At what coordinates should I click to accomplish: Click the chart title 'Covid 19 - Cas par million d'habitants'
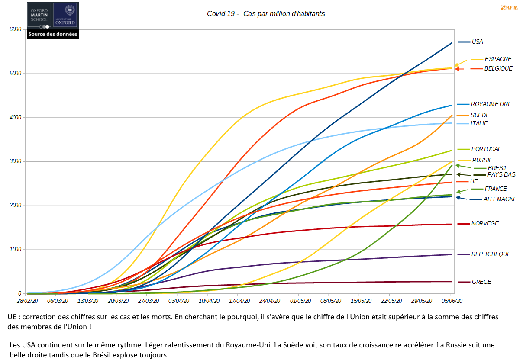click(x=266, y=13)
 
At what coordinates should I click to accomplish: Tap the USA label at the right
click(x=477, y=42)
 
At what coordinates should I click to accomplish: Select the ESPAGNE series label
click(x=498, y=59)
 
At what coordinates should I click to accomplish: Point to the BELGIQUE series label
click(x=498, y=68)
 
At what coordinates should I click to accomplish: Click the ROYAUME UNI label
click(x=490, y=104)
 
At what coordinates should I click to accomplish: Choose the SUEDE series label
click(x=480, y=115)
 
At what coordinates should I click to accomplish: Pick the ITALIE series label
click(x=479, y=123)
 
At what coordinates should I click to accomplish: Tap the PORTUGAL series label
click(x=486, y=149)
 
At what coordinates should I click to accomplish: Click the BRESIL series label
click(x=497, y=168)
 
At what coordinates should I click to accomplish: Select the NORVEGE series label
click(x=485, y=223)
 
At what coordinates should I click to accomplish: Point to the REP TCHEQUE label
click(x=491, y=254)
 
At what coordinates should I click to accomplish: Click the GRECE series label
click(x=481, y=282)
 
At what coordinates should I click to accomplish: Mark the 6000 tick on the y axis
click(x=16, y=29)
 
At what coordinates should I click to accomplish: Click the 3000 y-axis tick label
click(x=16, y=161)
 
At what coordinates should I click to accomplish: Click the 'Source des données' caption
click(x=53, y=34)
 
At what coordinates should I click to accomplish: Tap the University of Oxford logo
click(x=65, y=15)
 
